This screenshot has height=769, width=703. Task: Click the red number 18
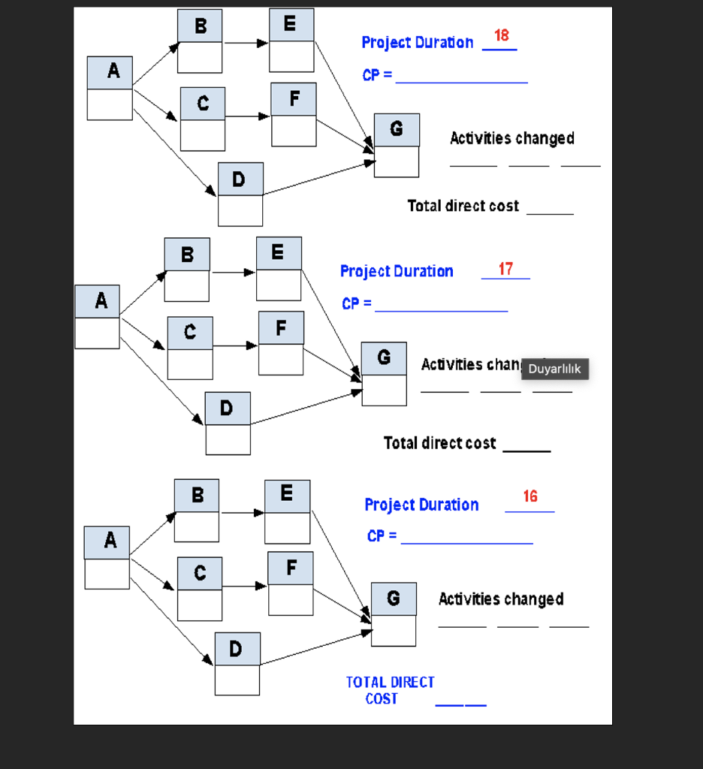click(x=501, y=35)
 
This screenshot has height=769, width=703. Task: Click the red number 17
click(x=505, y=269)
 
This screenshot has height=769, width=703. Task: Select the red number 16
click(x=530, y=496)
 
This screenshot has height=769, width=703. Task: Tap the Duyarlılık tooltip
click(x=554, y=369)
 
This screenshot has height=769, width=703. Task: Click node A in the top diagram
click(x=110, y=88)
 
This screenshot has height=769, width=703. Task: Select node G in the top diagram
click(x=397, y=145)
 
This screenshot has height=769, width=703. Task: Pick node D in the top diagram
click(x=240, y=194)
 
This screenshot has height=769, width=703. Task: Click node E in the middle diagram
click(x=279, y=268)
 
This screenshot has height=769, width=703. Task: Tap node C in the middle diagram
click(x=190, y=348)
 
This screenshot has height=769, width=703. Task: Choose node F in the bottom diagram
click(x=291, y=584)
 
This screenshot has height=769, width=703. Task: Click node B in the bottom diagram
click(x=197, y=511)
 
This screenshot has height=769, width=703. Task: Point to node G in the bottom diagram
click(x=394, y=614)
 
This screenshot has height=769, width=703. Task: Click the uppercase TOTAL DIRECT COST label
click(x=390, y=690)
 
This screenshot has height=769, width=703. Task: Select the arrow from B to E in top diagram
click(x=246, y=43)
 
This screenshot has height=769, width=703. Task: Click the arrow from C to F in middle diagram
click(x=235, y=346)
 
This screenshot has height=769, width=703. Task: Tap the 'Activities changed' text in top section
click(x=512, y=138)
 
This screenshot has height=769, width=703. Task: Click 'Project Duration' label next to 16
click(x=421, y=505)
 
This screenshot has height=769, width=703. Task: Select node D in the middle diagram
click(x=228, y=423)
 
